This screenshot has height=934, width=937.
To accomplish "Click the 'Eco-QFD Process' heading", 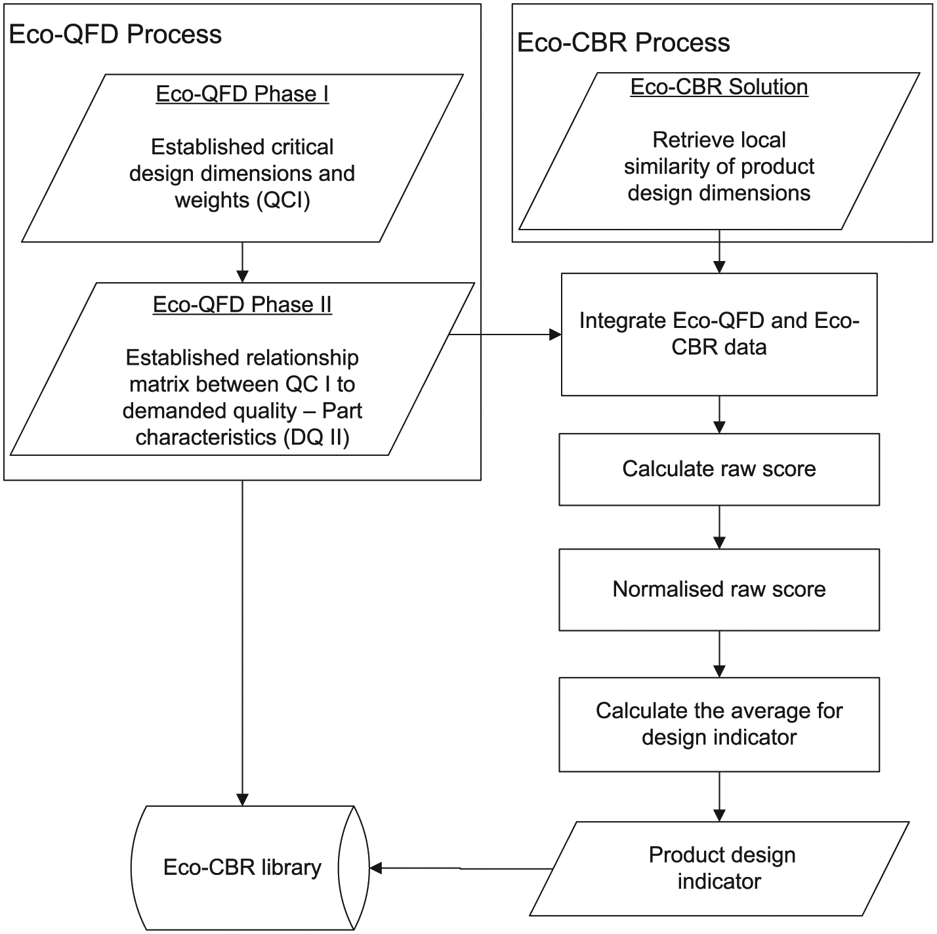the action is pos(115,35).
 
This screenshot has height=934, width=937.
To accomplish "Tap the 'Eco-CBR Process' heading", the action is pos(623,43).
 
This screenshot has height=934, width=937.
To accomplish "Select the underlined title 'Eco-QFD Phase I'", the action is pos(242,94).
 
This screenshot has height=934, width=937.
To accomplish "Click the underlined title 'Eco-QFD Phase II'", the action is pos(242,305).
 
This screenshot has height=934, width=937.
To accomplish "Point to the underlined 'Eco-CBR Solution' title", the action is pos(719,87).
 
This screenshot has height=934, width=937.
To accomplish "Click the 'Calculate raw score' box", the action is pos(719,469).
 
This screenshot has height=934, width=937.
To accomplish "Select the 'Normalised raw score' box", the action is pos(719,590).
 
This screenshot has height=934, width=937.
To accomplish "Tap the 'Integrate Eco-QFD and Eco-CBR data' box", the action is pos(719,335).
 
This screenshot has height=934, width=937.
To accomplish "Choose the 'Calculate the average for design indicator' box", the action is pos(719,725).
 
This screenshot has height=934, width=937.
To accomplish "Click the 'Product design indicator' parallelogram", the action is pos(719,869).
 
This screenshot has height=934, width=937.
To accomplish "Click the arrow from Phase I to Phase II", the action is pos(242,262).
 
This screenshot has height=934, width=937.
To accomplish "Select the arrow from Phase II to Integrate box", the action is pos(505,335).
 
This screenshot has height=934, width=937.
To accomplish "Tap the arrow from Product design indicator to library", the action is pos(461,868).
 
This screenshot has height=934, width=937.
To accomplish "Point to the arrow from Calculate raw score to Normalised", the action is pos(719,527).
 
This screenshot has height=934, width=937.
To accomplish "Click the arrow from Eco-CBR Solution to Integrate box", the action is pos(719,251).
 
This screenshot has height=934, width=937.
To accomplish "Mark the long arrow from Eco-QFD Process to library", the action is pos(242,643).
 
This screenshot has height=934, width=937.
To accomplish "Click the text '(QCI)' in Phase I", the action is pos(283,200).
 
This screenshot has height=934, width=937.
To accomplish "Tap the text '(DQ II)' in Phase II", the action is pos(316,437).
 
